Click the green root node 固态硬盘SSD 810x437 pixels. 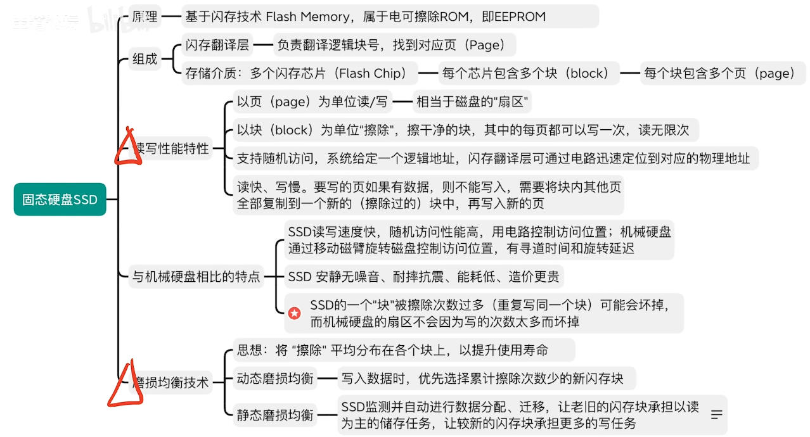pyautogui.click(x=60, y=199)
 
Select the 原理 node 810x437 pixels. pyautogui.click(x=145, y=16)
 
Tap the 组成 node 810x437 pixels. pyautogui.click(x=145, y=59)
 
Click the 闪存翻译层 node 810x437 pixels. pyautogui.click(x=217, y=45)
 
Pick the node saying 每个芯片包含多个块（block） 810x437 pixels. pyautogui.click(x=529, y=73)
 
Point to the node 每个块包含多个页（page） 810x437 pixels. pyautogui.click(x=719, y=73)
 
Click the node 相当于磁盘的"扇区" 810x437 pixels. pyautogui.click(x=472, y=101)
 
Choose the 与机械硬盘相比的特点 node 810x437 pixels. pyautogui.click(x=196, y=276)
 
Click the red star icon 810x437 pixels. pyautogui.click(x=294, y=313)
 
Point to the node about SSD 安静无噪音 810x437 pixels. pyautogui.click(x=423, y=276)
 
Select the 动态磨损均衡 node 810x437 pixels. pyautogui.click(x=275, y=379)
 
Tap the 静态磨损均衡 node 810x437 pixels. pyautogui.click(x=275, y=415)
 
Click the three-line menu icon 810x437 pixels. pyautogui.click(x=717, y=415)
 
